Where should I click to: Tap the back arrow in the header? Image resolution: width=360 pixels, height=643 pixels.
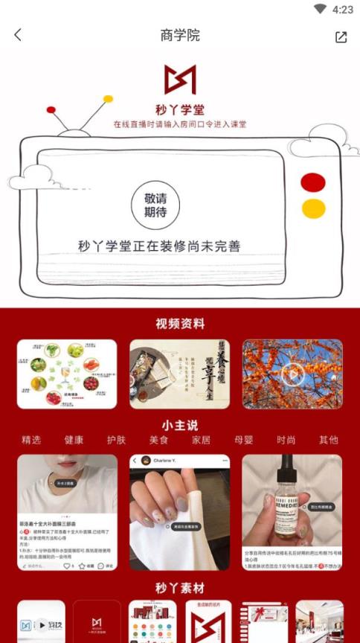click(x=18, y=35)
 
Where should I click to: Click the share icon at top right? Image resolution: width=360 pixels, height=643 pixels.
click(x=341, y=36)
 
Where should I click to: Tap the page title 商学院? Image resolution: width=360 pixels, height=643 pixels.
click(x=180, y=35)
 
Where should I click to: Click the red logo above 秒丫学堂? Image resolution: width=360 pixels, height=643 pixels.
click(x=180, y=80)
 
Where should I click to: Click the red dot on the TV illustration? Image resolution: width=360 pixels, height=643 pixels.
click(x=313, y=182)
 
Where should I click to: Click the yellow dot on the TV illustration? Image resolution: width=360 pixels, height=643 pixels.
click(x=313, y=208)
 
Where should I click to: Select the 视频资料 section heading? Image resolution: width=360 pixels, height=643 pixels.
click(x=180, y=324)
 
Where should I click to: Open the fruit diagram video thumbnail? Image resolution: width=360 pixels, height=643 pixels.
click(x=67, y=374)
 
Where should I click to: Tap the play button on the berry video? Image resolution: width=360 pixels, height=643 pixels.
click(x=292, y=374)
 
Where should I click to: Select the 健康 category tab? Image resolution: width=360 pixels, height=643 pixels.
click(x=74, y=440)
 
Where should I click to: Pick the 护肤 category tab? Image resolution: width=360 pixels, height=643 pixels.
click(x=117, y=440)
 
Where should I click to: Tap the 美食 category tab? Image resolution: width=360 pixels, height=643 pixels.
click(x=159, y=440)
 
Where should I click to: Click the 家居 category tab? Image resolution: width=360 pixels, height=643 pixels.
click(x=201, y=440)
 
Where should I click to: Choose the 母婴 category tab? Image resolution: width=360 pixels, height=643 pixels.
click(x=243, y=440)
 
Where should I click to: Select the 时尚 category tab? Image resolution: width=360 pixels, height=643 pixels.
click(x=286, y=440)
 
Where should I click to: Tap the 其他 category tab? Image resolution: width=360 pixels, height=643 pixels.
click(x=328, y=440)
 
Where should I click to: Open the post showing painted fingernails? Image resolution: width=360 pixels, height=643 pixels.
click(x=179, y=513)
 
